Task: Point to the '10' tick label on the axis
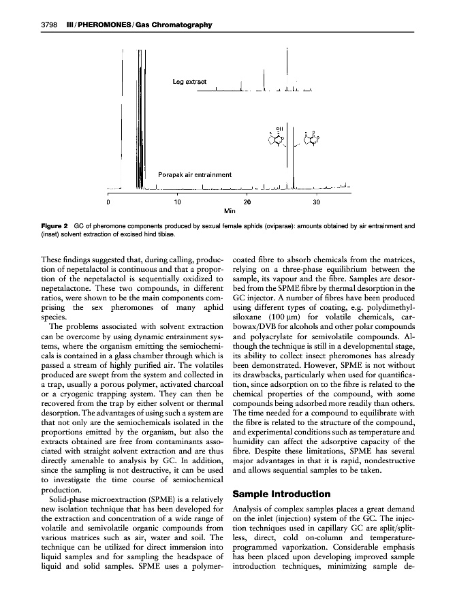click(x=177, y=202)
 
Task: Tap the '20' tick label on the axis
click(x=247, y=202)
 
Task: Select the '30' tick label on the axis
click(x=315, y=202)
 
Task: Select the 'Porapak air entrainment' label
click(x=195, y=175)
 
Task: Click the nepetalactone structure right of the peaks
click(x=310, y=140)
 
